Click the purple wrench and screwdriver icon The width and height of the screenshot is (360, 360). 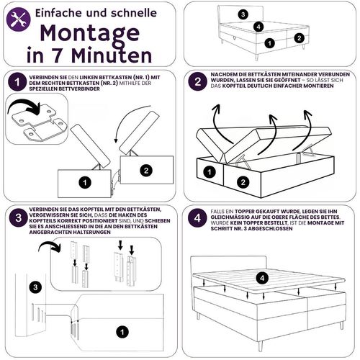19,19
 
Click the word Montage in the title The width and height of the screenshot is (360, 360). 90,34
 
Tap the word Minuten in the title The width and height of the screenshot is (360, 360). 112,56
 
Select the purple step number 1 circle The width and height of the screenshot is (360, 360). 17,82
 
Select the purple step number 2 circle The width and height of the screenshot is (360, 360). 197,81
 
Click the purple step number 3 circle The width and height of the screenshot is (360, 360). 19,218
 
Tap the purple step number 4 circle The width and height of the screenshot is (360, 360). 197,218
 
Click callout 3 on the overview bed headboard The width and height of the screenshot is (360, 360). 243,14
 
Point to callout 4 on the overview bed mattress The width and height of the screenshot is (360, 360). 258,27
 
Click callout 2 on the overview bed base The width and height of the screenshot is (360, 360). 299,38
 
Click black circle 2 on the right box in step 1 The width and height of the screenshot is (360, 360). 146,171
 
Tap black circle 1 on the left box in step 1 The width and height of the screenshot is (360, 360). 85,183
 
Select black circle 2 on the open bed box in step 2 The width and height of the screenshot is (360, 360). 243,182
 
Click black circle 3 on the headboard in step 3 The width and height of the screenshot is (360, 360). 35,287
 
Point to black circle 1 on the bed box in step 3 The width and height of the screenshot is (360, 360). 122,332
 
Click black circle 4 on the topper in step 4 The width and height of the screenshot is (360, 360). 262,278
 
